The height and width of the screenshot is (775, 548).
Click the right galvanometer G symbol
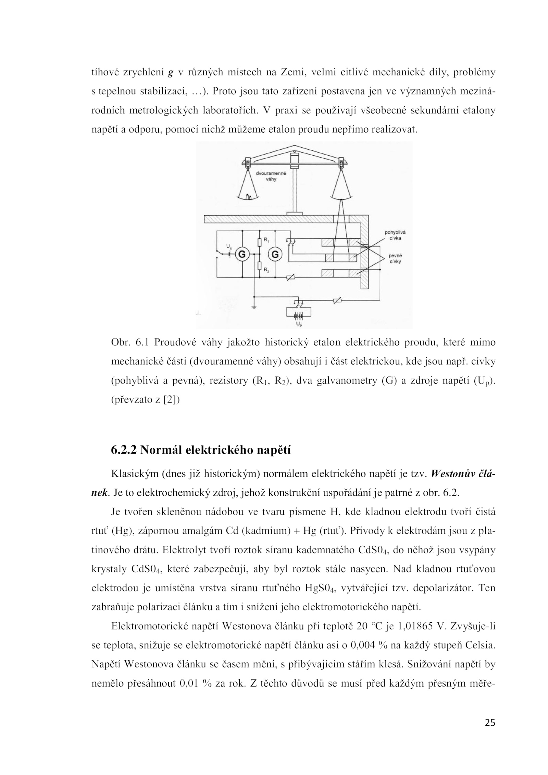(x=275, y=254)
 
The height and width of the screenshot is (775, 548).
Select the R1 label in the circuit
(x=265, y=240)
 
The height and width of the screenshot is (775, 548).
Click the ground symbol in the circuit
(x=253, y=307)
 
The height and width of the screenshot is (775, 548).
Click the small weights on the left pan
(x=249, y=196)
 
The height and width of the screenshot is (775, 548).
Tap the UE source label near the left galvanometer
(x=228, y=246)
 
